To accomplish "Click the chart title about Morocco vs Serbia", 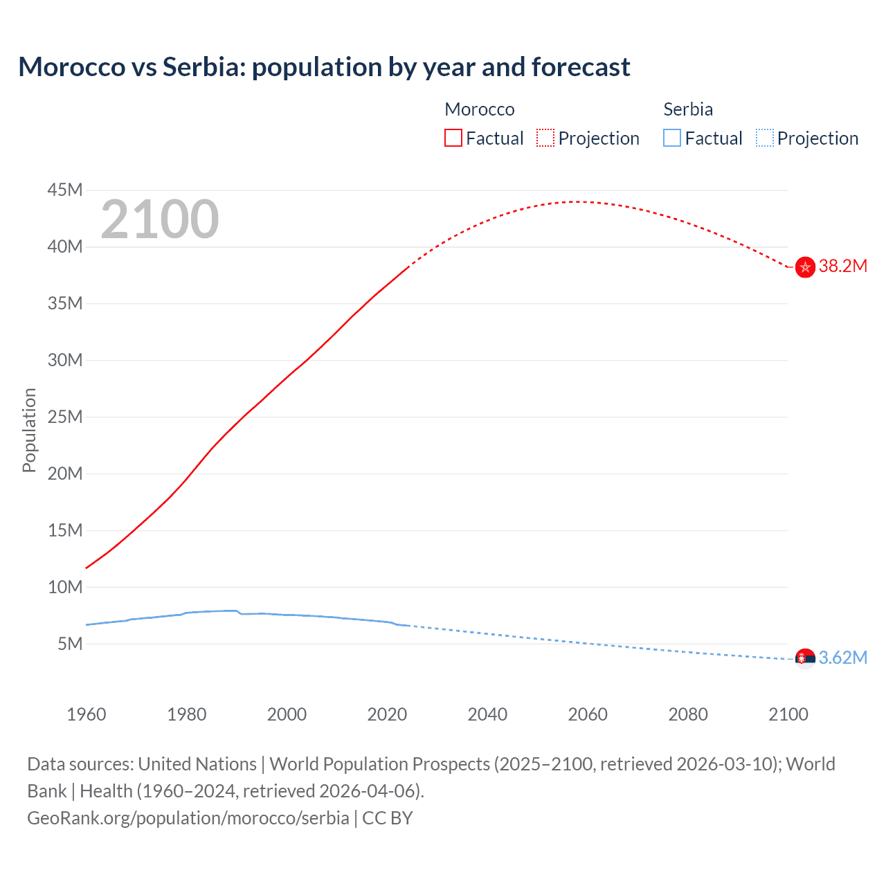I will point(324,67).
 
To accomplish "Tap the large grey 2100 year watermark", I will point(160,219).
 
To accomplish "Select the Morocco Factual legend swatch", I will point(453,138).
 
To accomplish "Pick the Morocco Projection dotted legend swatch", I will point(545,138).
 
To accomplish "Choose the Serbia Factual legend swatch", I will point(672,138).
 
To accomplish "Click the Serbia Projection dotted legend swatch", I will point(765,138).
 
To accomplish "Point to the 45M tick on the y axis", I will point(65,190).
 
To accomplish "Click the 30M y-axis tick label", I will point(65,360).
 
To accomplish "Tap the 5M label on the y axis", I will point(70,644).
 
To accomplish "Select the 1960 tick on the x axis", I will point(87,714).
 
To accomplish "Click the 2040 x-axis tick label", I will point(487,714).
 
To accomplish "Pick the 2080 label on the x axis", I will point(688,714).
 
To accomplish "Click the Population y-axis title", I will point(29,430).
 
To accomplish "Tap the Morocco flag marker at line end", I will point(805,267).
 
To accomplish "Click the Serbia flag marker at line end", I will point(805,658).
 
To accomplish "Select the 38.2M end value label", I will point(843,266).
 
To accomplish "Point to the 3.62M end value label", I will point(843,658).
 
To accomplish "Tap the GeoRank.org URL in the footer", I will point(188,818).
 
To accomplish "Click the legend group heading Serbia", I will point(688,109).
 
